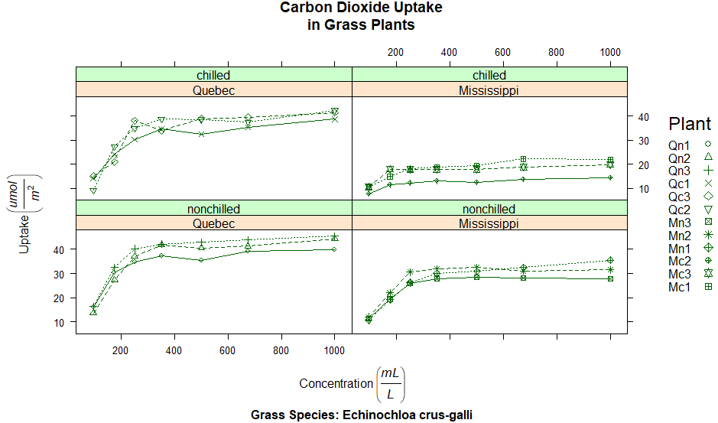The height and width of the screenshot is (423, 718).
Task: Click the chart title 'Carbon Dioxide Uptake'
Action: click(361, 8)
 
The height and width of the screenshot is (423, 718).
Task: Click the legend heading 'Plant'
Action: click(689, 124)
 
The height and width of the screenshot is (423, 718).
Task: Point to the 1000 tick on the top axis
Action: click(609, 52)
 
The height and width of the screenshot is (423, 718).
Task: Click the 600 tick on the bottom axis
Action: click(227, 350)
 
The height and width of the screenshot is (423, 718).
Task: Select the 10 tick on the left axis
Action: click(61, 322)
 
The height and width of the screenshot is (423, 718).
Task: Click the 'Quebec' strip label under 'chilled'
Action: click(213, 90)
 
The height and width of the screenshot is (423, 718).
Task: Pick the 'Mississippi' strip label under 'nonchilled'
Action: click(489, 223)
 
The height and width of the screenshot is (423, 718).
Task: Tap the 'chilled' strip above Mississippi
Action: click(489, 75)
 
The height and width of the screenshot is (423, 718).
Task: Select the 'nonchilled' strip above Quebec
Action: click(213, 209)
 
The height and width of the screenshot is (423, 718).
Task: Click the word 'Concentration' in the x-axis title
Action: click(335, 384)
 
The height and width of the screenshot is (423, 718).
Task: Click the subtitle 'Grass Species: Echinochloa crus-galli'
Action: click(362, 415)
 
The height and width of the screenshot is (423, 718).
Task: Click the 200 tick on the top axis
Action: click(395, 52)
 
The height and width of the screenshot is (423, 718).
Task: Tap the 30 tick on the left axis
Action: click(61, 273)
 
